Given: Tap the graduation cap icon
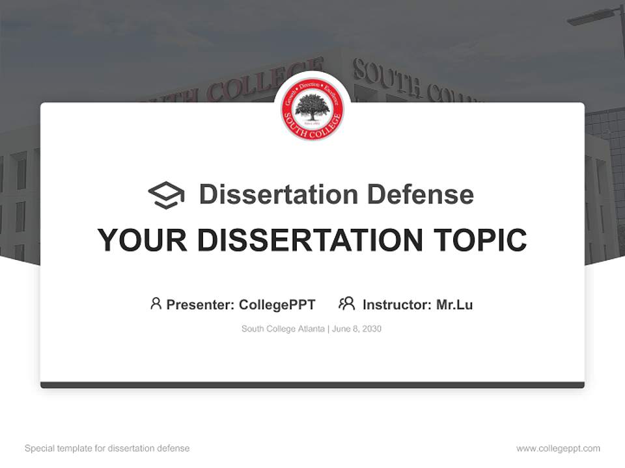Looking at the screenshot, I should [166, 195].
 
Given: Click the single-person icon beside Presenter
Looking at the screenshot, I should [156, 304].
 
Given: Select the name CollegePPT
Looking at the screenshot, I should [277, 304].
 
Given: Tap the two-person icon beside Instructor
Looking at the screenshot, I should [346, 304].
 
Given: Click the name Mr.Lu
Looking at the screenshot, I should [454, 304].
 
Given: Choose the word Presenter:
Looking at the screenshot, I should [201, 304].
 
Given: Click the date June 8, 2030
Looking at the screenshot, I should [357, 329].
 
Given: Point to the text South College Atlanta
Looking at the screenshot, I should [283, 329].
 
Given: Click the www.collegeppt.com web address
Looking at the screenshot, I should [558, 448].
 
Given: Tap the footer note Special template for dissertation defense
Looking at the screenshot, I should [107, 448].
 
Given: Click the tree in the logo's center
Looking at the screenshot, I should [312, 107].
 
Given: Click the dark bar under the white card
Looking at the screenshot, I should [312, 385].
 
